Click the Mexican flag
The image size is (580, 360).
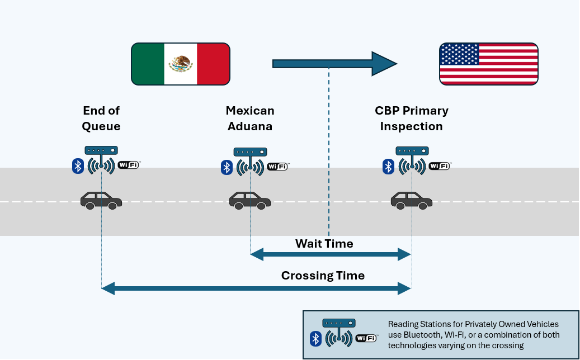point(181,64)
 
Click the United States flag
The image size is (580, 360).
point(488,64)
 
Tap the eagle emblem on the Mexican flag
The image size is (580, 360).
point(181,64)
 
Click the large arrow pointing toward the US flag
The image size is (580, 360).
point(334,64)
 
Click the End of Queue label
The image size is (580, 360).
point(101,119)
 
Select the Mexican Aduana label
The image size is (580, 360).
point(250,119)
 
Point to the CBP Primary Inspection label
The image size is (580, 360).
point(411,119)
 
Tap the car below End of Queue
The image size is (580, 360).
point(101,200)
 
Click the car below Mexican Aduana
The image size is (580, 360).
point(250,200)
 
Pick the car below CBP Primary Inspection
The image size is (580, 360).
point(411,200)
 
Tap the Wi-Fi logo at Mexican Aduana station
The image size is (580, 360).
point(277,167)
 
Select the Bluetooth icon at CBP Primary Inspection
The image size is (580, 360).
point(388,166)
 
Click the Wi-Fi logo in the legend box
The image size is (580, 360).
point(366,338)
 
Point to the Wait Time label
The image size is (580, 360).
point(324,244)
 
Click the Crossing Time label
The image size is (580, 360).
point(323,276)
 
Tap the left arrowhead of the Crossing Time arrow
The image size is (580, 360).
point(108,288)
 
